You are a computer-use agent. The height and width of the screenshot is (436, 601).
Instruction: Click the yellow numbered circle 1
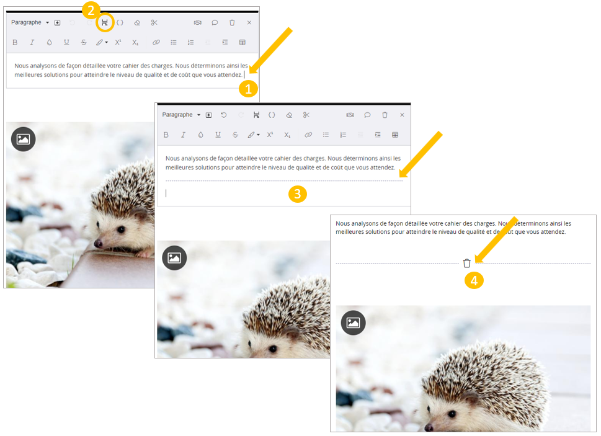coord(248,89)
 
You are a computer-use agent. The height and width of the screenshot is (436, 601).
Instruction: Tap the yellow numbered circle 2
coord(91,11)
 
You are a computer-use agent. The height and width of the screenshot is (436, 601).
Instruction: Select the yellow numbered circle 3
coord(298,194)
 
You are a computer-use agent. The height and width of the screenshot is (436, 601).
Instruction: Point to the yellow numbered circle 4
coord(474,280)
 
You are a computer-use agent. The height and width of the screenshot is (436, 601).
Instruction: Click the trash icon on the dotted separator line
coord(466,263)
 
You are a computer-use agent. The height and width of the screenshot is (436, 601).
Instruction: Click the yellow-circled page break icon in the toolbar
coord(105,22)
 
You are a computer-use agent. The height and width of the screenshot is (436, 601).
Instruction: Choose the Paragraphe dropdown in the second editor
coord(181,115)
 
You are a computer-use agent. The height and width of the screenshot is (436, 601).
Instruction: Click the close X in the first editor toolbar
coord(249,22)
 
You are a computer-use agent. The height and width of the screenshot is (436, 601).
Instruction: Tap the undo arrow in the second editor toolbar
coord(224,115)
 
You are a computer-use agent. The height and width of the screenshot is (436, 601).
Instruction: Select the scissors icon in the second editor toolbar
coord(306,115)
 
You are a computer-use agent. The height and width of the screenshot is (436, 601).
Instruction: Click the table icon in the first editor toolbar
coord(243,43)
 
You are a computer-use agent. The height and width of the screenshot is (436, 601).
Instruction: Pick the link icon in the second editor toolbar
coord(308,135)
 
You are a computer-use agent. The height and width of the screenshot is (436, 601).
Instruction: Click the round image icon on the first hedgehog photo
coord(23,139)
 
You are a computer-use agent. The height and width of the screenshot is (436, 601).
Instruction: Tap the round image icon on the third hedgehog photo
coord(353,323)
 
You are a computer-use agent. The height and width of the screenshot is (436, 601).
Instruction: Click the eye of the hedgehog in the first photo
coord(121,230)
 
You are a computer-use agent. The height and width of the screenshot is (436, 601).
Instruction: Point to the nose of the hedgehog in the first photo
coord(98,243)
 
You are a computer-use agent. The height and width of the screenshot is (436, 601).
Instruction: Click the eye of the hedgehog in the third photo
coord(452,414)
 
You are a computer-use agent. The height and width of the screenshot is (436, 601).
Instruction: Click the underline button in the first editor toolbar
coord(66,43)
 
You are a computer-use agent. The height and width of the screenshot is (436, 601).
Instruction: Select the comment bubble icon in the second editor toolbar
coord(367,115)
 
